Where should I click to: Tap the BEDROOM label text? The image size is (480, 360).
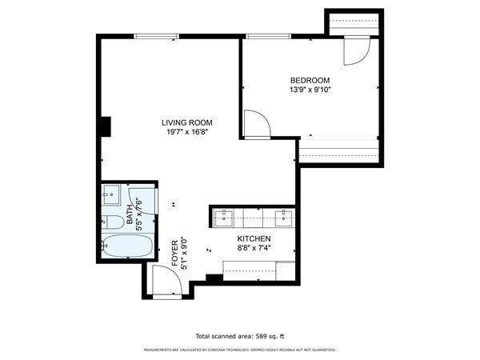point(310,80)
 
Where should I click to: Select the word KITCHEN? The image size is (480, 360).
point(254,239)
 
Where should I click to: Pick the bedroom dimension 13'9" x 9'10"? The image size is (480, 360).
point(310,90)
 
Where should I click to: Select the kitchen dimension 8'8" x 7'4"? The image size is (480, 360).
point(254,249)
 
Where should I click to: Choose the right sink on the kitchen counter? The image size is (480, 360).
point(284,214)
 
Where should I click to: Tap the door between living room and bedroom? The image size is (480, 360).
point(256,124)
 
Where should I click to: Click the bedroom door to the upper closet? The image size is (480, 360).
point(355,50)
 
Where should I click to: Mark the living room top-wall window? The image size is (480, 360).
point(156,35)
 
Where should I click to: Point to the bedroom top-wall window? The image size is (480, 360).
point(267,35)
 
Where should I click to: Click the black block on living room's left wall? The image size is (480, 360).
point(105,127)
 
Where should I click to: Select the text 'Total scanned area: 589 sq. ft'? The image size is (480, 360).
point(239,336)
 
